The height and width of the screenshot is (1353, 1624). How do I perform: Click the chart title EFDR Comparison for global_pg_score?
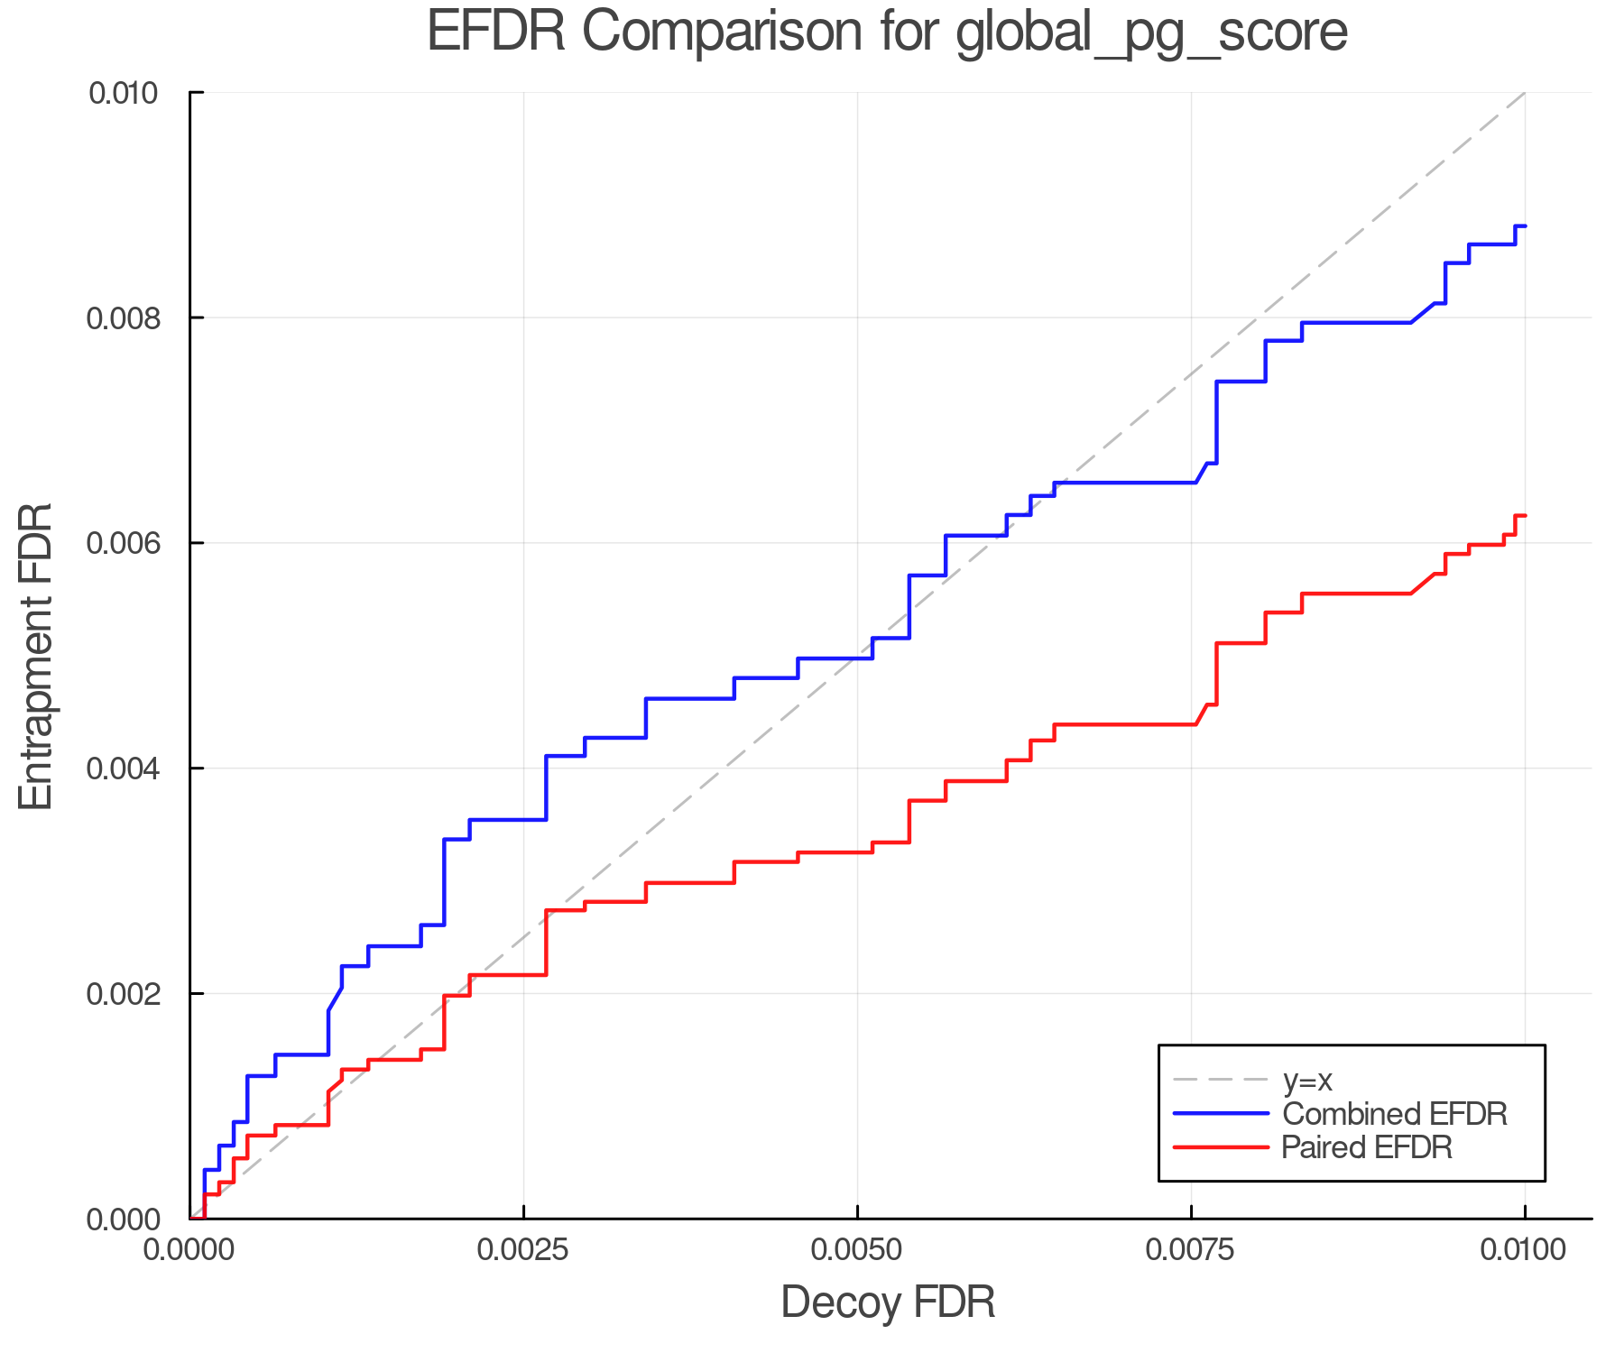pos(887,32)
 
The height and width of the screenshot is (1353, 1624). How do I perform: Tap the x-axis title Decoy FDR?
pos(887,1302)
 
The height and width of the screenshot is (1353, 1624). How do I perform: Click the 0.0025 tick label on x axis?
pos(523,1250)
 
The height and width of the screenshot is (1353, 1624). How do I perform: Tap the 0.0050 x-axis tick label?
pos(857,1250)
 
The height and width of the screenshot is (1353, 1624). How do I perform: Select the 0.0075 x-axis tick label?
pos(1191,1250)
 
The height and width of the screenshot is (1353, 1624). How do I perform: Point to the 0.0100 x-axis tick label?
pos(1525,1250)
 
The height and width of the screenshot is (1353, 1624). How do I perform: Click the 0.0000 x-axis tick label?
pos(190,1250)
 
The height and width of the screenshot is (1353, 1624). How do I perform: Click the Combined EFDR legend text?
pos(1394,1114)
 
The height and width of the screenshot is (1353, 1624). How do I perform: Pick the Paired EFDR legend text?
pos(1366,1147)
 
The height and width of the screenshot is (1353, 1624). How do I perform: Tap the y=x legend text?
pos(1307,1080)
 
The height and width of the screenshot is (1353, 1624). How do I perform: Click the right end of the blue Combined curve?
pos(1524,226)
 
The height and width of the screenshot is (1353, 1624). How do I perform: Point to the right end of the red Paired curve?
pos(1524,516)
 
